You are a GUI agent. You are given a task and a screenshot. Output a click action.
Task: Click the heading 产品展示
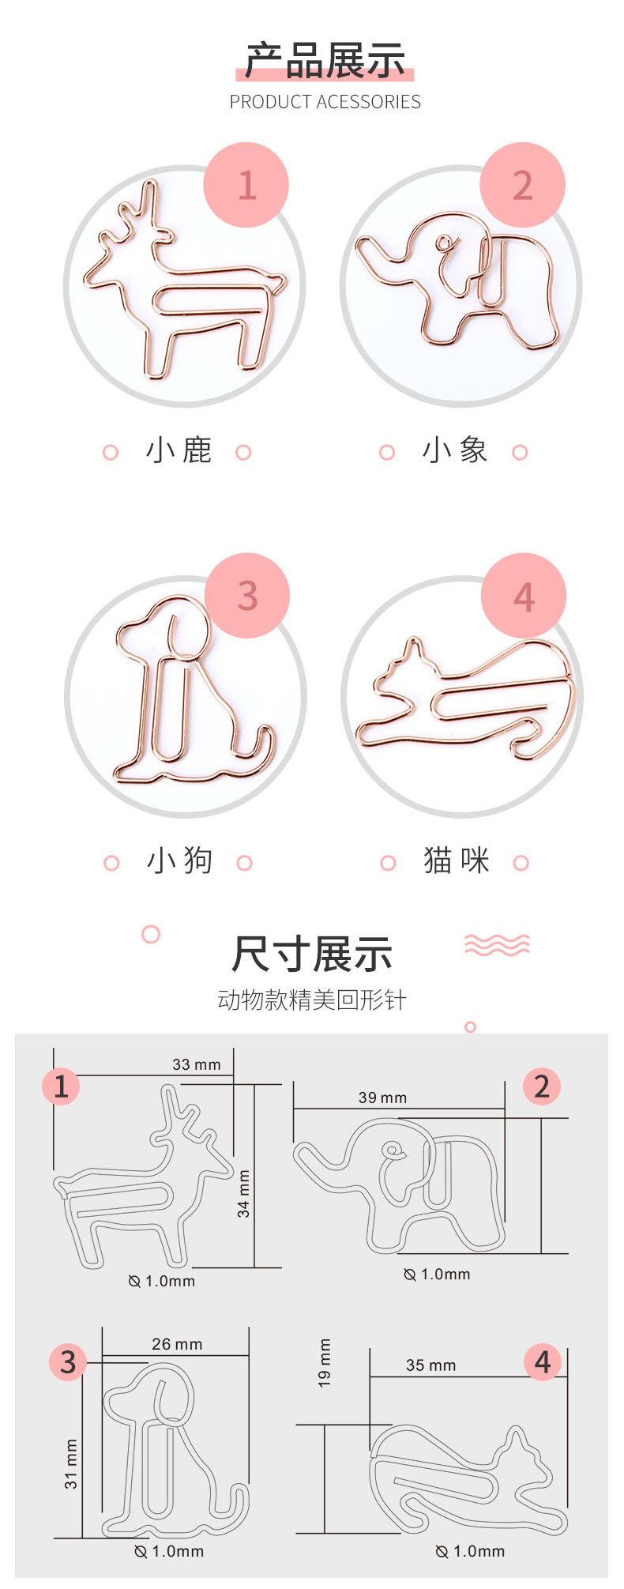(x=325, y=61)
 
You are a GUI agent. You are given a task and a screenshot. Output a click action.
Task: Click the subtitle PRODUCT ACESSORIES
(x=325, y=102)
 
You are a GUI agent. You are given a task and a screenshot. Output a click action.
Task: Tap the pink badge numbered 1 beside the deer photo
(x=246, y=185)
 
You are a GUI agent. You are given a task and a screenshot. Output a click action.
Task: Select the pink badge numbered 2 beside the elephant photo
(x=523, y=185)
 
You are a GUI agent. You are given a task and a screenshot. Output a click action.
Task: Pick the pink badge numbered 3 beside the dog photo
(x=247, y=595)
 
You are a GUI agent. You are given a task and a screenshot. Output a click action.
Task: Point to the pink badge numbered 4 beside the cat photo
(x=524, y=596)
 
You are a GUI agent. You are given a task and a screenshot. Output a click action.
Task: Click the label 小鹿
(x=179, y=450)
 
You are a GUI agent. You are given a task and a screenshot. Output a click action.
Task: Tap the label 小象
(x=454, y=450)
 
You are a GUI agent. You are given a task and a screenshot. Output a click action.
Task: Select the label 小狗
(x=179, y=860)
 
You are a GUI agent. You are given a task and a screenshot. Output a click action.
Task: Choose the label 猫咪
(x=456, y=860)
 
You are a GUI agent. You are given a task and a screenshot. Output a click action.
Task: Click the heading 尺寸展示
(x=312, y=954)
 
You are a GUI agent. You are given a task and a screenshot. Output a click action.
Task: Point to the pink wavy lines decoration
(x=497, y=943)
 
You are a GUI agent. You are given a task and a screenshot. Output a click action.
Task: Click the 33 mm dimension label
(x=197, y=1064)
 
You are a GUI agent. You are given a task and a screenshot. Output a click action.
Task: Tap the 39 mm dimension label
(x=382, y=1098)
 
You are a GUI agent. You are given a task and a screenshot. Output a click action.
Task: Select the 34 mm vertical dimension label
(x=244, y=1194)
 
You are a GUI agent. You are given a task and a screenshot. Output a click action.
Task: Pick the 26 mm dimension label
(x=177, y=1344)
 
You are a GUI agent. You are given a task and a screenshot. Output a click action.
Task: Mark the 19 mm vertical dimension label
(x=325, y=1363)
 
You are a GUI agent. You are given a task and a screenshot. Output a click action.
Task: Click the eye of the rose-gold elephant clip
(x=448, y=243)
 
